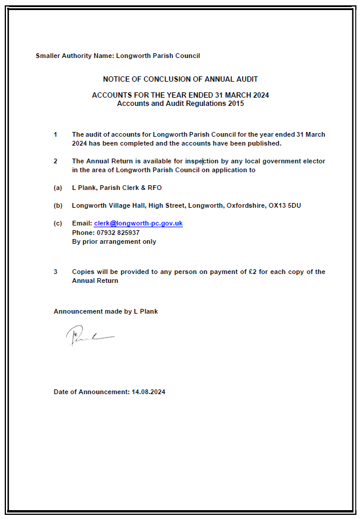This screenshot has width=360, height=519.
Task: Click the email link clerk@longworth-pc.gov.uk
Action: (x=138, y=224)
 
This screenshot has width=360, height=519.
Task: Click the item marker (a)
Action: (x=57, y=188)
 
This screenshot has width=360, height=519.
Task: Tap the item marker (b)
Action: (x=57, y=205)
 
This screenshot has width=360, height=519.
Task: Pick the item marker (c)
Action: (x=57, y=224)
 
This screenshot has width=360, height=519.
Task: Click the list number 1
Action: (x=56, y=134)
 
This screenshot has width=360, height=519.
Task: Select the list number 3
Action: (x=56, y=272)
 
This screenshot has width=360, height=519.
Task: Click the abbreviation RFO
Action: (x=153, y=188)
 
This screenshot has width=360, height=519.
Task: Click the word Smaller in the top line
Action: (x=48, y=56)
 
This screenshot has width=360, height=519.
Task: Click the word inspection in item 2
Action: (x=201, y=161)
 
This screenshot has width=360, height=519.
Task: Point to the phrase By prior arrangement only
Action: (x=114, y=241)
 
